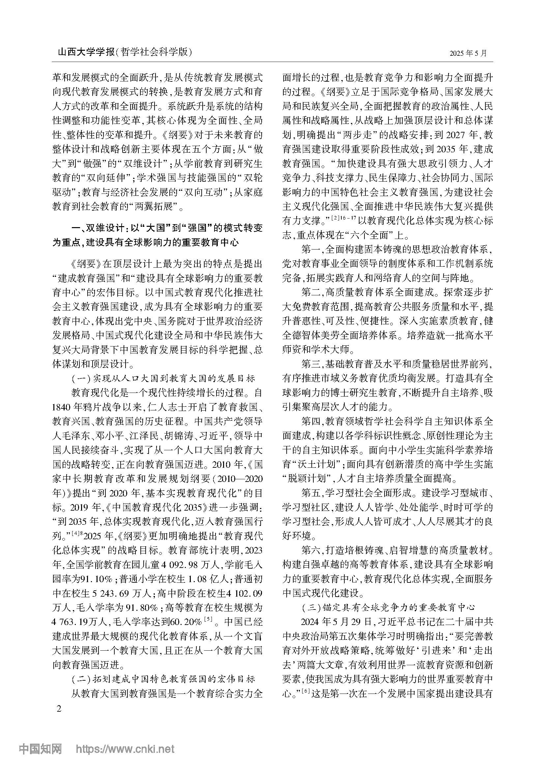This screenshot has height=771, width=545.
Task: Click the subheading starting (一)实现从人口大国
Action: (163, 378)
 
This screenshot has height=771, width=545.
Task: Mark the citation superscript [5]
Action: (208, 620)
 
